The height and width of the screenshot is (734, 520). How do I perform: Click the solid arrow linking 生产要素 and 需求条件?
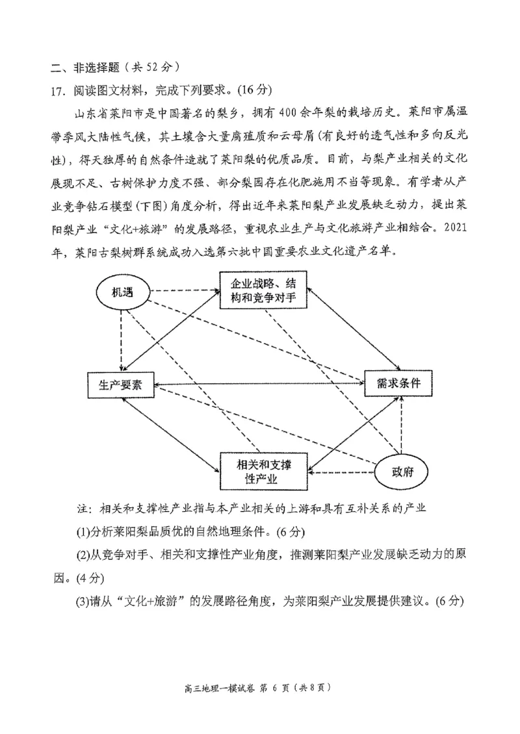pyautogui.click(x=260, y=385)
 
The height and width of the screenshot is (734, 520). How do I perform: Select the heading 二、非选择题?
pyautogui.click(x=81, y=67)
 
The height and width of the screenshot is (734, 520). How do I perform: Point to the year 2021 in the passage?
pyautogui.click(x=447, y=230)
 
